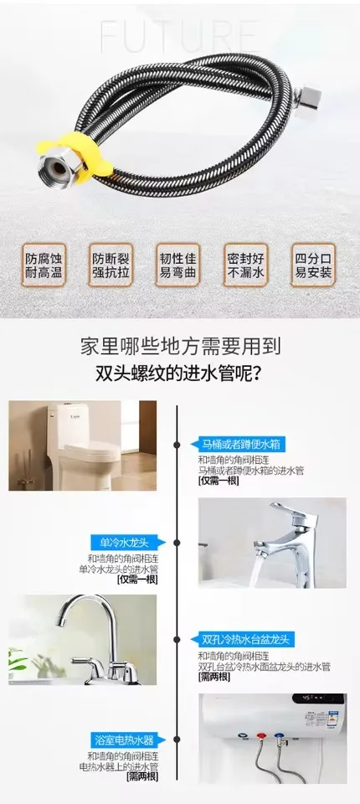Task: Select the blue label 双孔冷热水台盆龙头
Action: [x=246, y=640]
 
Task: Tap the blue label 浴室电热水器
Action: [x=125, y=740]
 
